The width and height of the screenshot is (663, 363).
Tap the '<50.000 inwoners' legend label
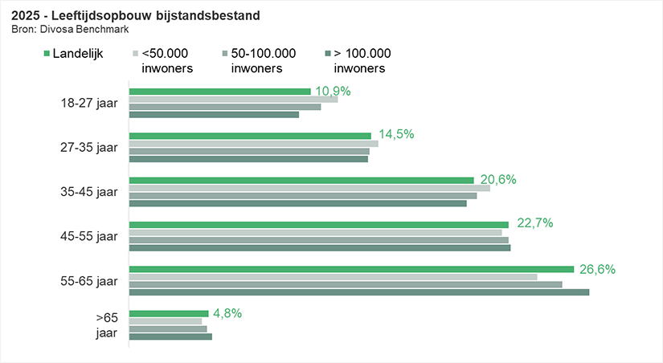(x=166, y=61)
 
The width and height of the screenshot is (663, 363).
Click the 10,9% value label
(x=333, y=91)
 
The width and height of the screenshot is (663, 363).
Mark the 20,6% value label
(x=498, y=179)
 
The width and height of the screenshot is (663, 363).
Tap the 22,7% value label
(x=534, y=223)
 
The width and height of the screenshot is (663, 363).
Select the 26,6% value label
(x=597, y=269)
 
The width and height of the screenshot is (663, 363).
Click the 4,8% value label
(x=227, y=313)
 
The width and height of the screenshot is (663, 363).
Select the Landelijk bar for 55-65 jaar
(x=351, y=269)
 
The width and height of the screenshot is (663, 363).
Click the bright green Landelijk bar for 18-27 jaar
(x=219, y=92)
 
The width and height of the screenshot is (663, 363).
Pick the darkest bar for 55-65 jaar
(x=358, y=292)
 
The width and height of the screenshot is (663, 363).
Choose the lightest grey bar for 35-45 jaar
(x=309, y=188)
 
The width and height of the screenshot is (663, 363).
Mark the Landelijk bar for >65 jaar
(x=169, y=313)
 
